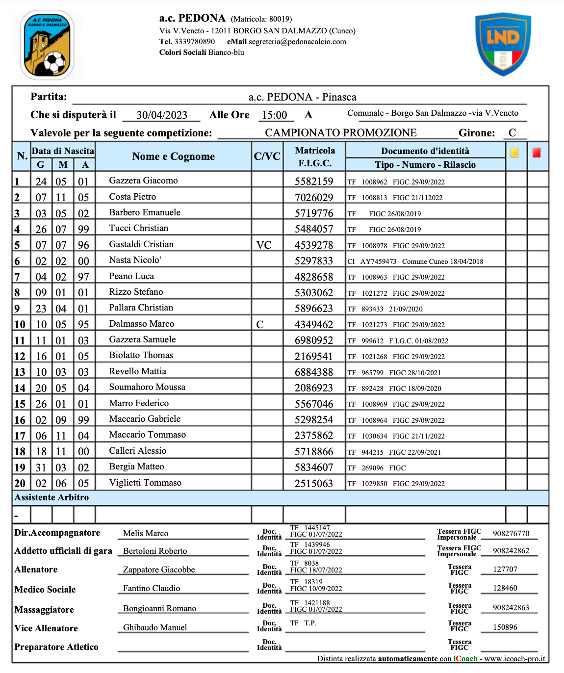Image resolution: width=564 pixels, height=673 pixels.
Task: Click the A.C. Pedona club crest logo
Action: coord(47,45)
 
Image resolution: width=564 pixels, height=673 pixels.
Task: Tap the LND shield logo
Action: coord(503,44)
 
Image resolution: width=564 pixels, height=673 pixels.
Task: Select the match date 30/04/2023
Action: coord(162,115)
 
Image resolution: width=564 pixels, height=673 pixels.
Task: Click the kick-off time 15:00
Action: coord(274,115)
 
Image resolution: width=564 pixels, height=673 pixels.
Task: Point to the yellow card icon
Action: coord(514,153)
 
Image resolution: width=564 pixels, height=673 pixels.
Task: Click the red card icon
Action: coord(537,153)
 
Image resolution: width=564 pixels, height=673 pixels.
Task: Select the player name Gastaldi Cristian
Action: coord(141,244)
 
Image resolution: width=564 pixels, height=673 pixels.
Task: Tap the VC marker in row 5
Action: coord(264,245)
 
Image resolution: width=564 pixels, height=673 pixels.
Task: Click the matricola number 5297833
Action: coord(314,261)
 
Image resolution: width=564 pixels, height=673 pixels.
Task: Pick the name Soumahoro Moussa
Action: coord(147,387)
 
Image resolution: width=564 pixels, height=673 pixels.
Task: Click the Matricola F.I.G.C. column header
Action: coord(315,156)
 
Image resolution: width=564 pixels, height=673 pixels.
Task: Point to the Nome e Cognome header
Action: coord(173,156)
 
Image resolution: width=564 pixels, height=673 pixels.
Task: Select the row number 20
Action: coord(20,483)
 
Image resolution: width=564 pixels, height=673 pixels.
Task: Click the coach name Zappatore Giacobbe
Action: coord(159,569)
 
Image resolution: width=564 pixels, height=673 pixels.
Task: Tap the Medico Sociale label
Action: coord(45,590)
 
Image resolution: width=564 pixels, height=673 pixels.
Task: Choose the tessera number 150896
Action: coord(505,627)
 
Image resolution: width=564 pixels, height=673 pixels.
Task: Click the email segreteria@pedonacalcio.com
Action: coord(297,42)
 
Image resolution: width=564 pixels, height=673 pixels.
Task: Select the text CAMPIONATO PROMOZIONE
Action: coord(341,133)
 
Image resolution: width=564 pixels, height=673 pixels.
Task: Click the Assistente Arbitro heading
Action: coord(52,497)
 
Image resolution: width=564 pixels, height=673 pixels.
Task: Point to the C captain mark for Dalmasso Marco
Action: coord(260,325)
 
